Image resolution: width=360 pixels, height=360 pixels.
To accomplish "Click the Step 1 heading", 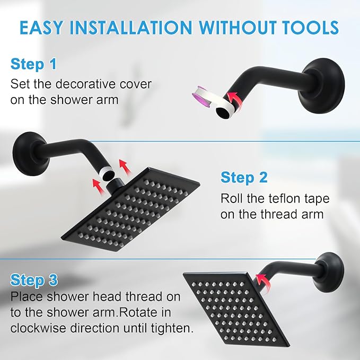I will pyautogui.click(x=33, y=65).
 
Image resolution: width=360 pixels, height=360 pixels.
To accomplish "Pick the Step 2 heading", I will pyautogui.click(x=243, y=177).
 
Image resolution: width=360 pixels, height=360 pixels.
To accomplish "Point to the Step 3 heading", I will pyautogui.click(x=33, y=279).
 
